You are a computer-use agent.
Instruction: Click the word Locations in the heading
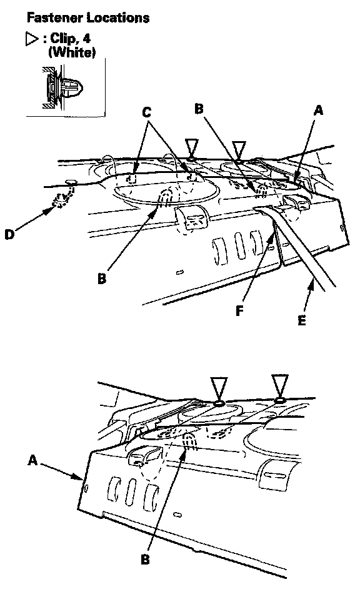(x=118, y=17)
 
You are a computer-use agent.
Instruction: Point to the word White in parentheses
(x=72, y=52)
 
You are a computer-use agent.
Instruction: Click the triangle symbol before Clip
(x=32, y=39)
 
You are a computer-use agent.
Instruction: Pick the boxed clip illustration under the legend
(x=66, y=87)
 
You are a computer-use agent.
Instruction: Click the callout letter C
(x=147, y=112)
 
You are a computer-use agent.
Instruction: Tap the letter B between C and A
(x=199, y=109)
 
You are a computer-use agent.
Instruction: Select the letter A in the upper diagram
(x=319, y=111)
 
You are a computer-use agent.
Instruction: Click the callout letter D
(x=9, y=234)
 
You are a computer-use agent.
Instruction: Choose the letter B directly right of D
(x=102, y=279)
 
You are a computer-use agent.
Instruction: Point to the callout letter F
(x=239, y=311)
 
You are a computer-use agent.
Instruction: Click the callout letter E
(x=301, y=320)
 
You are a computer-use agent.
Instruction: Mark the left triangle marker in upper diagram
(x=191, y=147)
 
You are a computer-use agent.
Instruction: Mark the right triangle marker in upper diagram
(x=239, y=149)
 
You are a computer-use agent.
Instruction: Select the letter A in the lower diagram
(x=33, y=460)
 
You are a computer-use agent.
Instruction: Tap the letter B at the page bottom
(x=145, y=559)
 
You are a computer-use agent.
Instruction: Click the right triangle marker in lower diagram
(x=280, y=385)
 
